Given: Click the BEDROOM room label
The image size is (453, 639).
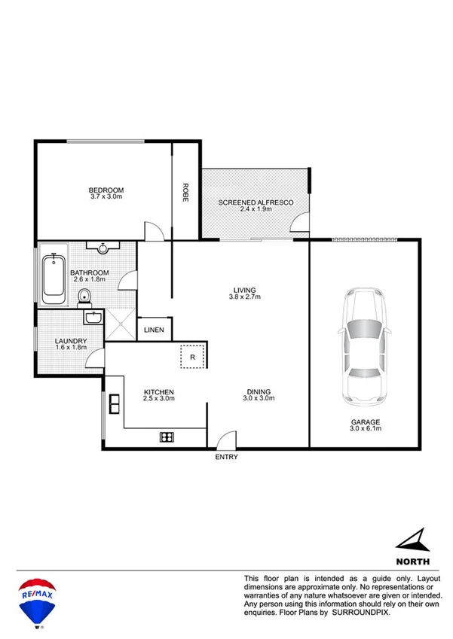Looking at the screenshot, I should pyautogui.click(x=106, y=190).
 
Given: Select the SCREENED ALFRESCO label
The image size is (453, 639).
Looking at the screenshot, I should pyautogui.click(x=256, y=202).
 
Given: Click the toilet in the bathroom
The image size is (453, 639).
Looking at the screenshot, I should pyautogui.click(x=84, y=296).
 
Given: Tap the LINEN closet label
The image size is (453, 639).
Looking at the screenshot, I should pyautogui.click(x=155, y=329).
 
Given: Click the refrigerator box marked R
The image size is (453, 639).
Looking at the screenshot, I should pyautogui.click(x=193, y=357).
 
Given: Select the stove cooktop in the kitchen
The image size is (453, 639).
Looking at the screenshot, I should pyautogui.click(x=167, y=437).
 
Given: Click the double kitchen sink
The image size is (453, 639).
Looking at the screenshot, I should pyautogui.click(x=115, y=404).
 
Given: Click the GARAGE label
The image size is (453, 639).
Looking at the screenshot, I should pyautogui.click(x=364, y=422).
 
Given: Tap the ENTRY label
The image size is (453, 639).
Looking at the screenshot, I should pyautogui.click(x=226, y=457).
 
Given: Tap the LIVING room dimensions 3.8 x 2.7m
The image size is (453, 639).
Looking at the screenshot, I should pyautogui.click(x=244, y=297).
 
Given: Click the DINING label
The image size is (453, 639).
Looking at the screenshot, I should pyautogui.click(x=259, y=391).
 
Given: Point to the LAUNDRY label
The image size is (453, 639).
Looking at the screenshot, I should pyautogui.click(x=71, y=341).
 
